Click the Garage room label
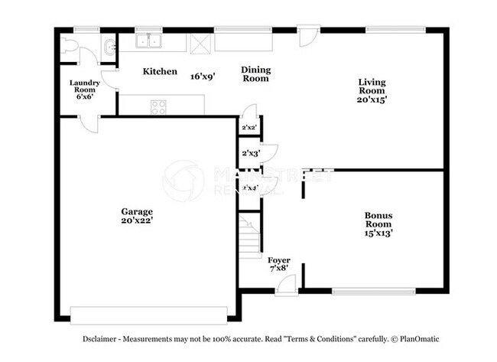(x=136, y=211)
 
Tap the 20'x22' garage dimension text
(x=136, y=220)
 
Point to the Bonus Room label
(x=378, y=219)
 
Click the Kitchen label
(x=161, y=71)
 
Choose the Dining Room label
(x=256, y=74)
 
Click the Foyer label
(x=278, y=260)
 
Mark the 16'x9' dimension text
(x=203, y=76)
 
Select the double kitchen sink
(x=148, y=43)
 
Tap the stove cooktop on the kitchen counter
(x=159, y=107)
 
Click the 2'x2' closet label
(x=248, y=128)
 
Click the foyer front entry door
(x=287, y=285)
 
